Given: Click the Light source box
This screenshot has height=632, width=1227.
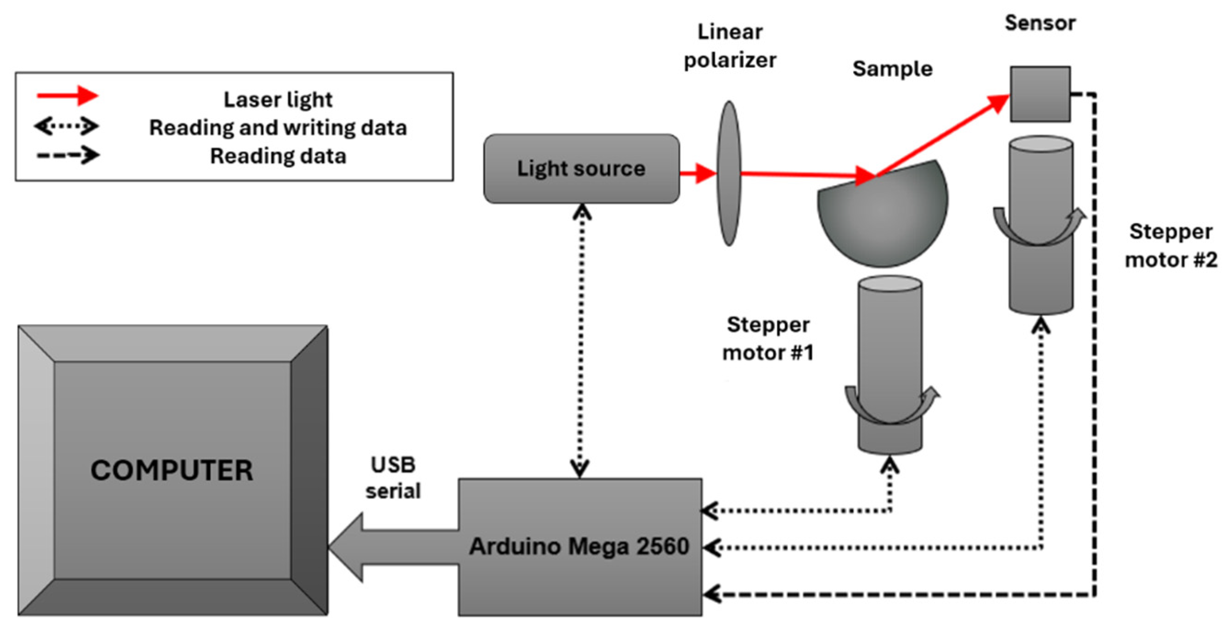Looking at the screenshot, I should click(581, 169).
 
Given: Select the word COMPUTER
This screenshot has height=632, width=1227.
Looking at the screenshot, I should click(172, 470).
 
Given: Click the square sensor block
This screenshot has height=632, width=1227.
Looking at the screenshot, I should click(1040, 94).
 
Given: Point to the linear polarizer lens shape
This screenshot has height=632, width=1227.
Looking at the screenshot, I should click(729, 173).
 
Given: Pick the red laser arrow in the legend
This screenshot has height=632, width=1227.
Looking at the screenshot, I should click(67, 96).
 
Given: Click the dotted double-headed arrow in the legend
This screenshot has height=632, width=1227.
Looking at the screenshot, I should click(66, 127).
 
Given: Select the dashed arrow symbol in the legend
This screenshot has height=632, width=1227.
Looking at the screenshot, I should click(68, 155).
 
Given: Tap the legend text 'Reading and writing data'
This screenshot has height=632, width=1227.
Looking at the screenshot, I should click(278, 128).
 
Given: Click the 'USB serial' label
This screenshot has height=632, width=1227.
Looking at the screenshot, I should click(393, 478).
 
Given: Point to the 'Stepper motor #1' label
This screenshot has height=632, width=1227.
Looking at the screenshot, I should click(768, 339).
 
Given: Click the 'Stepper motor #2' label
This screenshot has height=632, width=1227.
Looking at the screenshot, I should click(1171, 246).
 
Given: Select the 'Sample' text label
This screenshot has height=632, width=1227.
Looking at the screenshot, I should click(892, 69).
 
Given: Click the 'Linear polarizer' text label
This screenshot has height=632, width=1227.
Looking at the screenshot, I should click(730, 46).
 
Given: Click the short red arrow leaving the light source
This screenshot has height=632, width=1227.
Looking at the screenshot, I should click(698, 173).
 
